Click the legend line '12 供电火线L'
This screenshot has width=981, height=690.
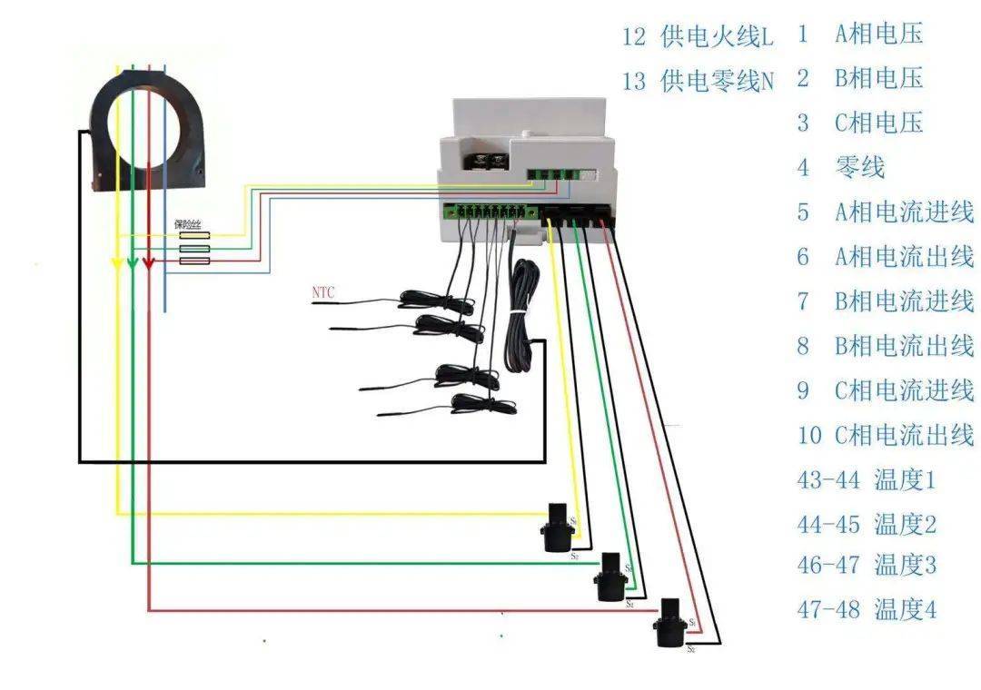point(698,37)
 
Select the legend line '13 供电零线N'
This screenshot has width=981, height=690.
point(698,81)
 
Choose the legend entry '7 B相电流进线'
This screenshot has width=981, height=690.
point(885,301)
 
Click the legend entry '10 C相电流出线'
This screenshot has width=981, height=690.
point(885,435)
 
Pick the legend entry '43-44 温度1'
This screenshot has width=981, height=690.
point(866,479)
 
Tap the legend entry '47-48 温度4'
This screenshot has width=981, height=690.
point(866,609)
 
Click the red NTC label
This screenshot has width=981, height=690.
point(323,292)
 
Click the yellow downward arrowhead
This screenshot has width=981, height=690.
point(117,264)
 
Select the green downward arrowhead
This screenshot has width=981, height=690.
point(133,264)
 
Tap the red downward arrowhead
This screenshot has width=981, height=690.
point(149,264)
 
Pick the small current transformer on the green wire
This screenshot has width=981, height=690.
point(608,574)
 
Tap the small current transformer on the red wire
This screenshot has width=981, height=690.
point(669,622)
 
